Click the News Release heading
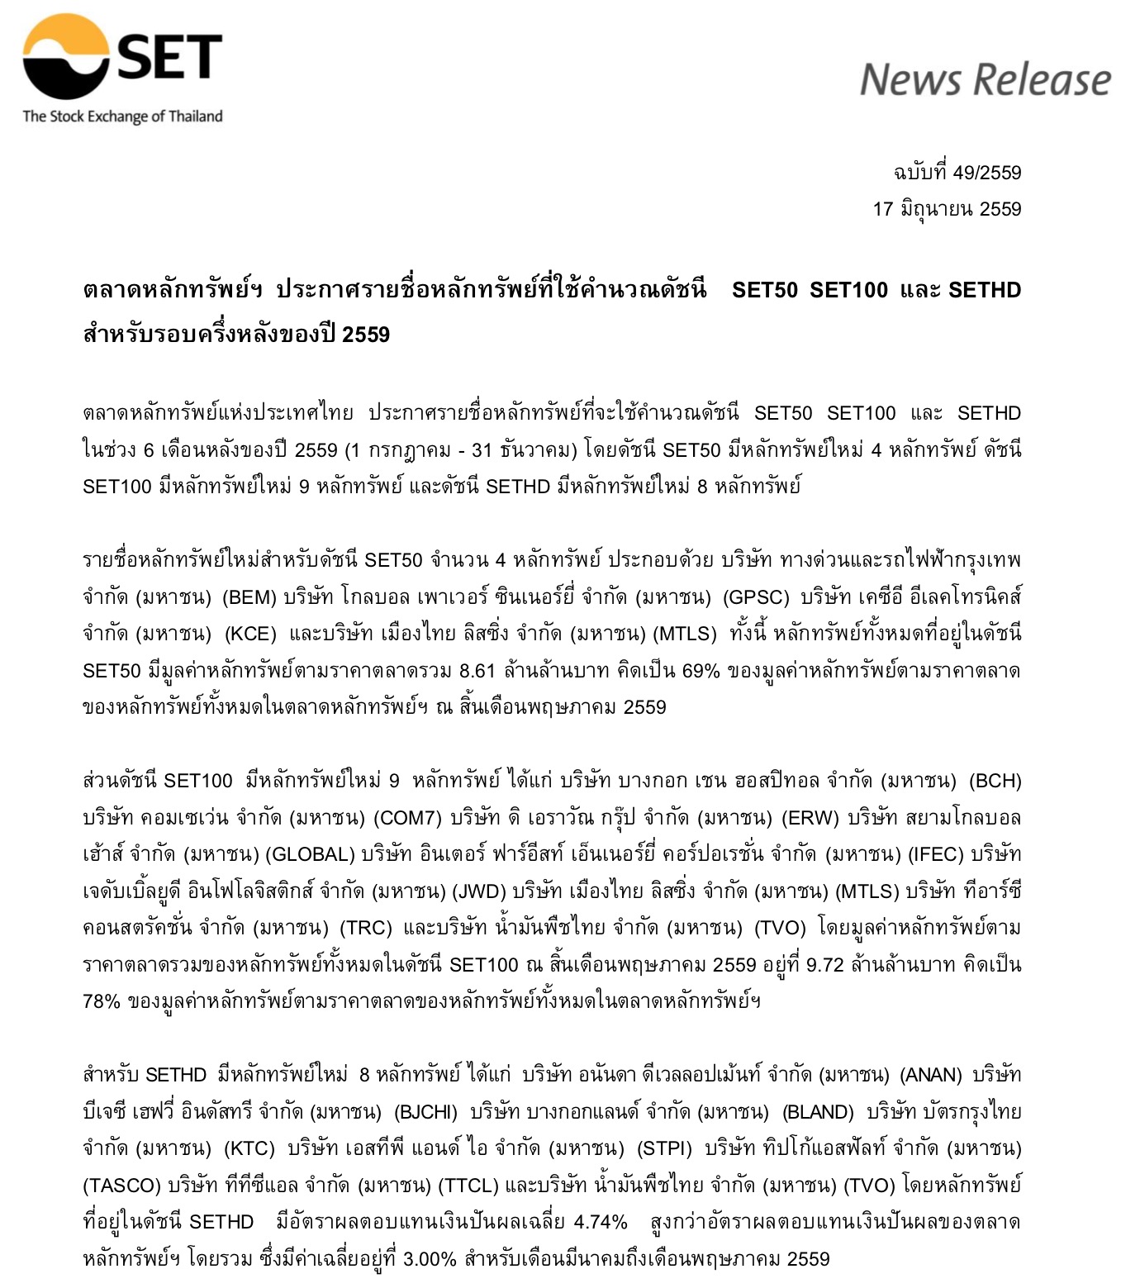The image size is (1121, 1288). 985,80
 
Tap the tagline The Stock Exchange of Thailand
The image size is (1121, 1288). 122,116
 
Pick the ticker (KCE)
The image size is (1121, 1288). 250,634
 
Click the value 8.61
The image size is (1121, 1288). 477,670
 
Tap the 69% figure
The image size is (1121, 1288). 701,670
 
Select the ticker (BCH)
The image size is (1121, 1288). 995,781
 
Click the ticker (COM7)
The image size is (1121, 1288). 407,818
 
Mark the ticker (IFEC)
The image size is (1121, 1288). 935,854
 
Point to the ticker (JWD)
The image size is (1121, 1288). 478,891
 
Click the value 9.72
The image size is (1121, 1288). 824,964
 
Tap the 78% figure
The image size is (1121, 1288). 102,1001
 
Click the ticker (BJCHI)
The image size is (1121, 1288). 425,1112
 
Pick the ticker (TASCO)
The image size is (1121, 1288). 121,1186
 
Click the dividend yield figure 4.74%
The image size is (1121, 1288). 600,1222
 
